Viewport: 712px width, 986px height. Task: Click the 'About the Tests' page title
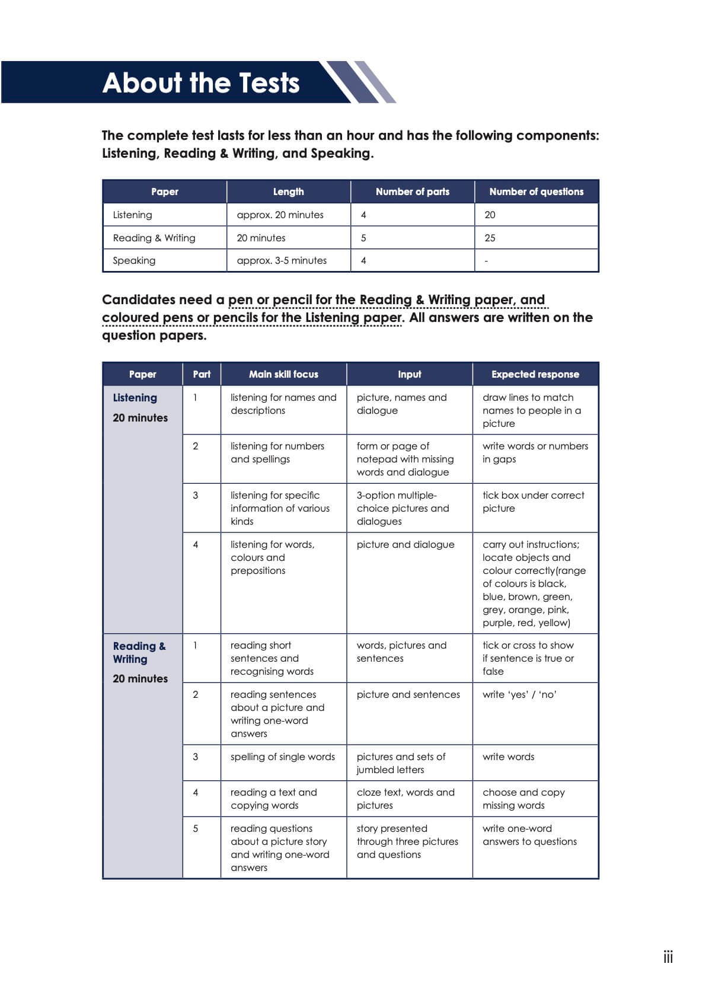click(x=200, y=82)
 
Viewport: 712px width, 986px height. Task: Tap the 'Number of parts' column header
click(x=412, y=192)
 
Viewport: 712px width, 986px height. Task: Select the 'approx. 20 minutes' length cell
click(x=280, y=215)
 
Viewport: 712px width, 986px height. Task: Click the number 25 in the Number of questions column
click(x=490, y=238)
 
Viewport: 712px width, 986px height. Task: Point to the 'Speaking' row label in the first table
click(x=134, y=260)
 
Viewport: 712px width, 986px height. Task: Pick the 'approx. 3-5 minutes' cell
click(x=282, y=260)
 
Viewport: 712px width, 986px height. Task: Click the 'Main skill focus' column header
click(x=283, y=374)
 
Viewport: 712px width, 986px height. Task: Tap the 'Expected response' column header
click(x=535, y=374)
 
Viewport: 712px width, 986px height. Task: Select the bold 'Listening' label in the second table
click(x=135, y=398)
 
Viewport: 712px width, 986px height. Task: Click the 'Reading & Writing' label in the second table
click(x=139, y=652)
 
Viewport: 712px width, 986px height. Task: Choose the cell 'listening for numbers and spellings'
click(x=277, y=452)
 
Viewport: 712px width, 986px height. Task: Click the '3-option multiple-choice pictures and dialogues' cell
click(x=403, y=508)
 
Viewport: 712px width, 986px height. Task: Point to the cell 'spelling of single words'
click(x=282, y=757)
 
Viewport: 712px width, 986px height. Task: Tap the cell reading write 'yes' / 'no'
click(x=519, y=694)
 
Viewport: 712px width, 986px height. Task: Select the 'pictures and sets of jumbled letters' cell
click(x=401, y=763)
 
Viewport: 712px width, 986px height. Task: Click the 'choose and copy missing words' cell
click(x=523, y=799)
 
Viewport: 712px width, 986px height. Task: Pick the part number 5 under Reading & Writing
click(x=196, y=828)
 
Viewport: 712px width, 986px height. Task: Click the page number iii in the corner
click(x=668, y=957)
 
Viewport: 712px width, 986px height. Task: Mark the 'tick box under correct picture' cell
click(x=533, y=502)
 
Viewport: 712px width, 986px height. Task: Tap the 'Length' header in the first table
click(x=288, y=192)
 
